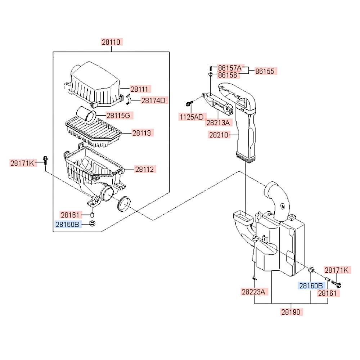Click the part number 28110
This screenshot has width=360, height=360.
coord(111,42)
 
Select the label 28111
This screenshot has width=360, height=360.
coord(140,89)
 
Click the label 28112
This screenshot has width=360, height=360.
coord(145,169)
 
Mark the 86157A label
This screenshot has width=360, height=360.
coord(231,67)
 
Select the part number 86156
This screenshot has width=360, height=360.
coord(228,75)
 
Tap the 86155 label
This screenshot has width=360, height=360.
coord(265,71)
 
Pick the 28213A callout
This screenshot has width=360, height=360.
coord(218,123)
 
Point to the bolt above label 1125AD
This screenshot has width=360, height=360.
coord(189,104)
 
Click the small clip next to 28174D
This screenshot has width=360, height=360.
coord(129,99)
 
